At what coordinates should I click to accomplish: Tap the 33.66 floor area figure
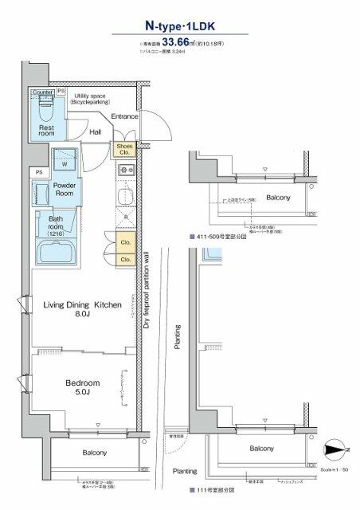coord(178,44)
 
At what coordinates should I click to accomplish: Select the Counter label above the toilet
coord(42,92)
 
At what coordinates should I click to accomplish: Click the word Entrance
coord(125,116)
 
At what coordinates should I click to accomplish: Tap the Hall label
coord(96,132)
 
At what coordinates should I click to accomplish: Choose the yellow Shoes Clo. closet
coord(125,149)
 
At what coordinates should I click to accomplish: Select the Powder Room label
coord(64,189)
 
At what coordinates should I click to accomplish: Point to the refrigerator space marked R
coord(125,216)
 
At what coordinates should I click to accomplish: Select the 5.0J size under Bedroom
coord(78,392)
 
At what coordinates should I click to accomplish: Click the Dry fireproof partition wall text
coord(147,283)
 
